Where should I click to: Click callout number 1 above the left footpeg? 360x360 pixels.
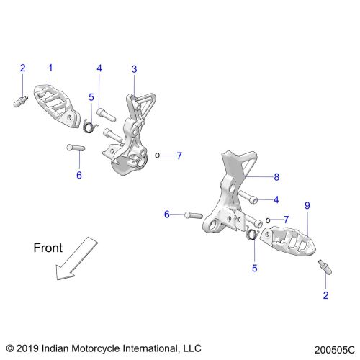[50, 68]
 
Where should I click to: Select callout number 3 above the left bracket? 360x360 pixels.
[134, 69]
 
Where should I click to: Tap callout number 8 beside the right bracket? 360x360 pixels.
[276, 177]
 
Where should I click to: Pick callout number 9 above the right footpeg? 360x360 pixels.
[307, 205]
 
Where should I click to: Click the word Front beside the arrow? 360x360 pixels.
[48, 248]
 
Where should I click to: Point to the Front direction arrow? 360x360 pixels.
[76, 258]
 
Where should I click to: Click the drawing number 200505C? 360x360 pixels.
[334, 350]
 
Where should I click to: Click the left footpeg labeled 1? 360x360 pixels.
[57, 106]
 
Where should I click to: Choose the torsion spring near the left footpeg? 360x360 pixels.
[89, 126]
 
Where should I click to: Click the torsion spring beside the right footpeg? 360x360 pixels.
[252, 235]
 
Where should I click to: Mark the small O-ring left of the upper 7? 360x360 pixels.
[157, 156]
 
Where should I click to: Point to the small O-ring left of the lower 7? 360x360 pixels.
[268, 220]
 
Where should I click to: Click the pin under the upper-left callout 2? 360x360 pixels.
[20, 102]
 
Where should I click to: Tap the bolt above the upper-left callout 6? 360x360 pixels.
[76, 148]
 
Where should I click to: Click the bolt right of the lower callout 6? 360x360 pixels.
[194, 215]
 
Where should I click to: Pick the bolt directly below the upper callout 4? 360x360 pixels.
[107, 114]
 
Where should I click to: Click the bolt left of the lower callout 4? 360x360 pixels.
[248, 197]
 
